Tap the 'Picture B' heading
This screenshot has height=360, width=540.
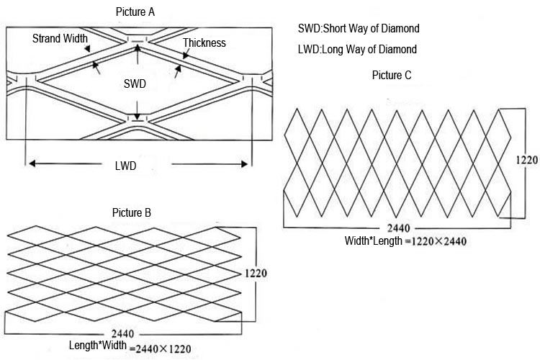click(132, 212)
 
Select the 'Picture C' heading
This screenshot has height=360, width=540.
click(392, 75)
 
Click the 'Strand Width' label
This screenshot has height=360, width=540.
click(60, 37)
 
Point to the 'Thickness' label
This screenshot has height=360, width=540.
click(204, 43)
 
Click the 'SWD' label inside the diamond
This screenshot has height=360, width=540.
click(135, 84)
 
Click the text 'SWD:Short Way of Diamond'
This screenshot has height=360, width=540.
click(358, 29)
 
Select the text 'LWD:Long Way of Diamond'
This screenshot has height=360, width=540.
click(357, 50)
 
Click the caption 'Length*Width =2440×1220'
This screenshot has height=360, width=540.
click(130, 347)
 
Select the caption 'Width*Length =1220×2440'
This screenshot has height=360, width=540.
click(405, 240)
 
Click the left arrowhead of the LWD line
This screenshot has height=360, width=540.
click(30, 164)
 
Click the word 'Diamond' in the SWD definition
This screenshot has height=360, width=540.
click(400, 29)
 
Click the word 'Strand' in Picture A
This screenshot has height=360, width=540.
click(47, 37)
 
